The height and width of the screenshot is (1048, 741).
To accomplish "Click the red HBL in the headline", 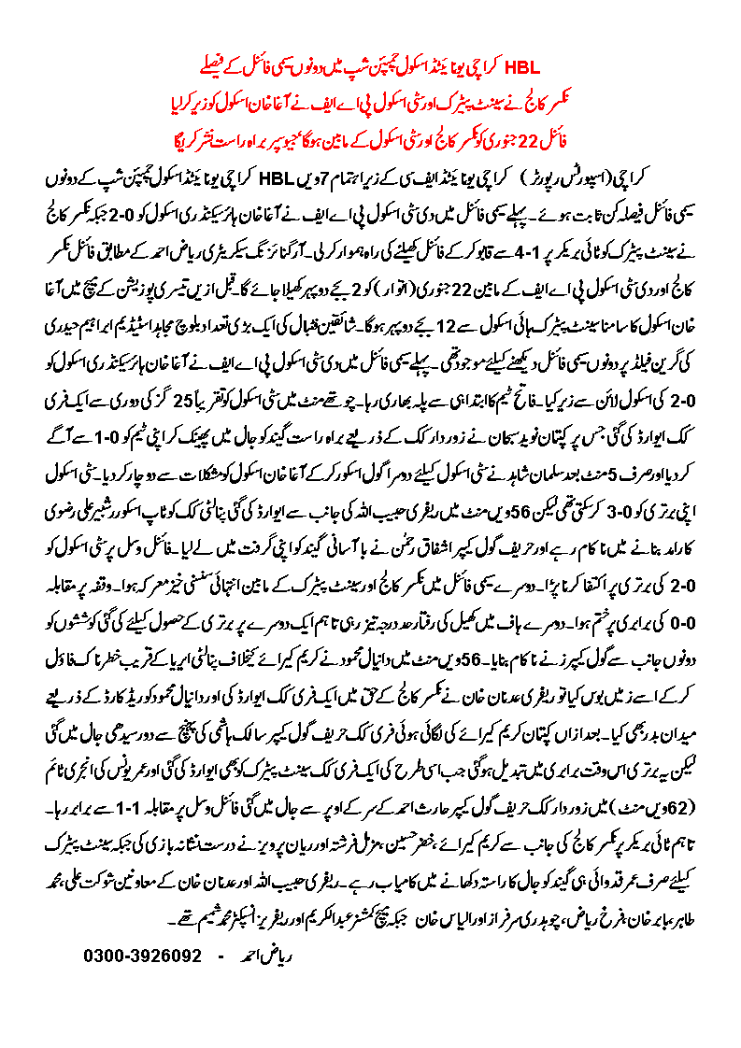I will [x=522, y=67].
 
